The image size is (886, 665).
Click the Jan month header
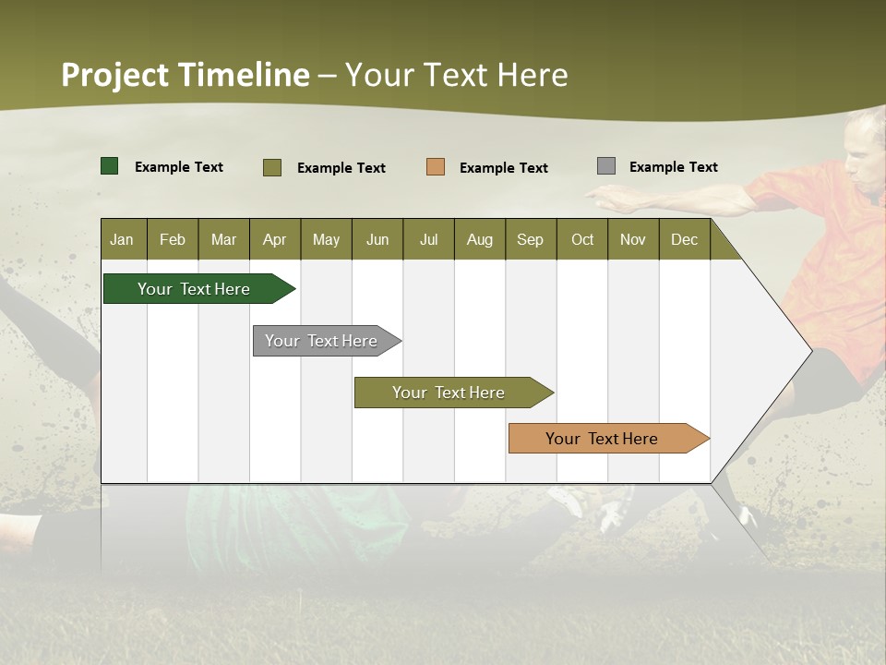coord(123,239)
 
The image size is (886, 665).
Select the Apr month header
coord(275,239)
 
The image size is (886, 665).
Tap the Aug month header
coord(480,239)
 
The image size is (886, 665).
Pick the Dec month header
coord(684,239)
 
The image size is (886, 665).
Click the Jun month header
coord(377,239)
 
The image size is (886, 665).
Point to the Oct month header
coord(582,239)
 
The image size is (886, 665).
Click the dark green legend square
coord(110,166)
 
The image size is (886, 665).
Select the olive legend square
coord(272,167)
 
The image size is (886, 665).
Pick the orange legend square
coord(436,167)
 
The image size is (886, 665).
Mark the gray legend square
coord(606,166)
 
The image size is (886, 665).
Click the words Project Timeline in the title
coord(186,75)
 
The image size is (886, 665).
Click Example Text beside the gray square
coord(673,167)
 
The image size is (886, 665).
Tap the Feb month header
coord(173,239)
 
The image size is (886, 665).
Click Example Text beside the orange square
coord(503,168)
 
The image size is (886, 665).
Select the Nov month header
coord(633,239)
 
